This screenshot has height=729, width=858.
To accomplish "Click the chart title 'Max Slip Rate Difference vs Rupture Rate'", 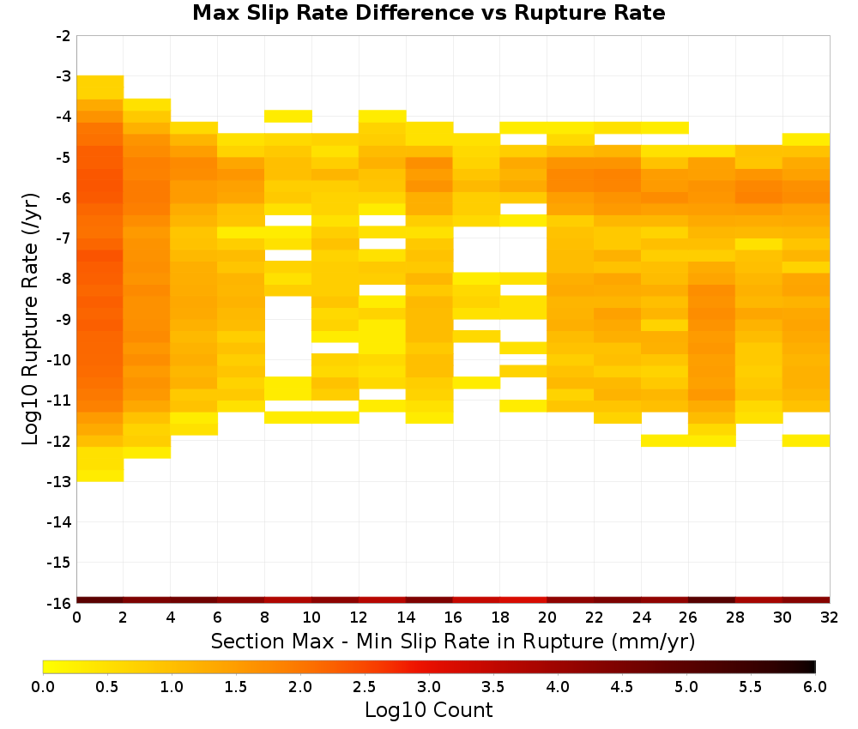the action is [428, 13].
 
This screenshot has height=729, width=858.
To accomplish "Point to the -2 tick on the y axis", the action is [63, 36].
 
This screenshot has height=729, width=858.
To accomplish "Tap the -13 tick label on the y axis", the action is [60, 482].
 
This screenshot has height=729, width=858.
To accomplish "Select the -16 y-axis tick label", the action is [60, 603].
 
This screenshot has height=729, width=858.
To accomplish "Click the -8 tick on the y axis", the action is [63, 279].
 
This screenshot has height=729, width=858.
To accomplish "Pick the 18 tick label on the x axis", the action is [499, 618].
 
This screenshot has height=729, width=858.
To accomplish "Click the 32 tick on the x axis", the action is [830, 618].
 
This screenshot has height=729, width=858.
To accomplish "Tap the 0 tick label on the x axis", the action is [76, 618].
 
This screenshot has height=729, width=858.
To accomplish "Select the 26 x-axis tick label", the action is [688, 618].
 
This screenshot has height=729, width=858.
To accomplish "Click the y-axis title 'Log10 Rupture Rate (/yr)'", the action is [30, 319].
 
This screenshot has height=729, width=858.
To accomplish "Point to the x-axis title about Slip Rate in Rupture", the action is [453, 641].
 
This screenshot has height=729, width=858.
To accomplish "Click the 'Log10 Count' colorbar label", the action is [428, 710].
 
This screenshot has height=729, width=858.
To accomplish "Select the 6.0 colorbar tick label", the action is [815, 687].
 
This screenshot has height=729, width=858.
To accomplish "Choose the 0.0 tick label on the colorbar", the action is [43, 687].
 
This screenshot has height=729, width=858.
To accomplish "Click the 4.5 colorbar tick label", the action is [621, 687].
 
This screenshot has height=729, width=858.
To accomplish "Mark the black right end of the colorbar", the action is [814, 666].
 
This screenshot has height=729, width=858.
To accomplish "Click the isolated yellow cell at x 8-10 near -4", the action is [288, 116].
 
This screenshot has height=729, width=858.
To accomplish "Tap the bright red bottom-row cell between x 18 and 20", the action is [523, 600].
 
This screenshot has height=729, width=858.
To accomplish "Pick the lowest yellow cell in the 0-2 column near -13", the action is [100, 476].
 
